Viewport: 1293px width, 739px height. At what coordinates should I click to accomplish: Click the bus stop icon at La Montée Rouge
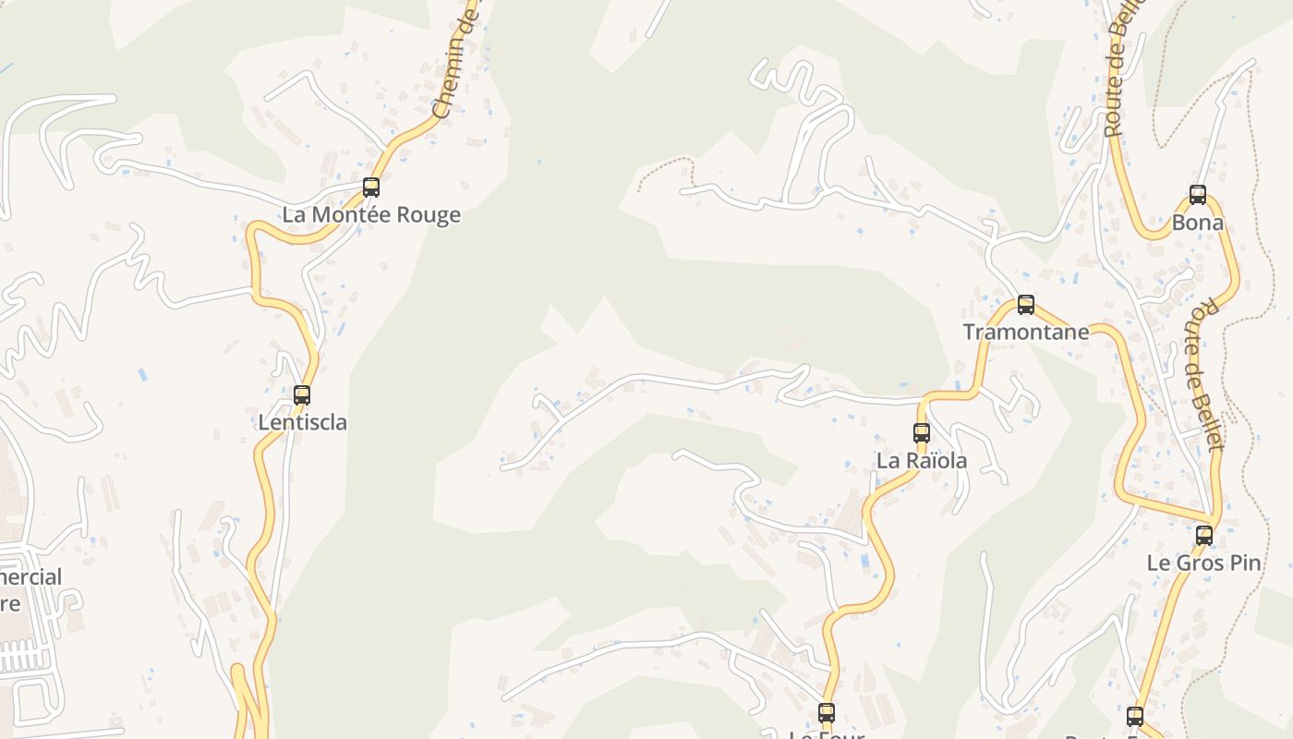[370, 188]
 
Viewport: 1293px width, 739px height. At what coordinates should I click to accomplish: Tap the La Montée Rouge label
[370, 215]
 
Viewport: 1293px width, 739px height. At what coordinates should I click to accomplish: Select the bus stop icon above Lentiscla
[302, 395]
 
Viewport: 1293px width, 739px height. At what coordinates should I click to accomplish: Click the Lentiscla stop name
[302, 423]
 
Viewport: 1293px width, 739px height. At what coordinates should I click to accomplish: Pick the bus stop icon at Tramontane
[1025, 305]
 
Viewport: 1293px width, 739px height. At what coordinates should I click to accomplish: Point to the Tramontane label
[1025, 333]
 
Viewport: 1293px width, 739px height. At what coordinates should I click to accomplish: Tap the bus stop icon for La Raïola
[921, 432]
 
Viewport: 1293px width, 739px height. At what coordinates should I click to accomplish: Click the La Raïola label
[921, 460]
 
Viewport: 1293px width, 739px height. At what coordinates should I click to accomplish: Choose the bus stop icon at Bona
[1198, 195]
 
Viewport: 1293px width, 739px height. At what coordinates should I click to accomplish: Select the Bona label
[1198, 223]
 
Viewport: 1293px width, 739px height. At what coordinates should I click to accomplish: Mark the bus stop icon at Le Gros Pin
[1204, 535]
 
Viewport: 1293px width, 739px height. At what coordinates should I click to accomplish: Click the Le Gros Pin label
[1204, 563]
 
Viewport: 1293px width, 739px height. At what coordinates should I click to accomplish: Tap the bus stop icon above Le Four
[827, 712]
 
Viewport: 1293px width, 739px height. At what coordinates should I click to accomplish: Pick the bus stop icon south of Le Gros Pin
[1135, 716]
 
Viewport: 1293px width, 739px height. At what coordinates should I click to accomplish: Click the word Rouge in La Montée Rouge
[428, 215]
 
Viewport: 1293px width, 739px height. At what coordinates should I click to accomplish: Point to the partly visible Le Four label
[827, 734]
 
